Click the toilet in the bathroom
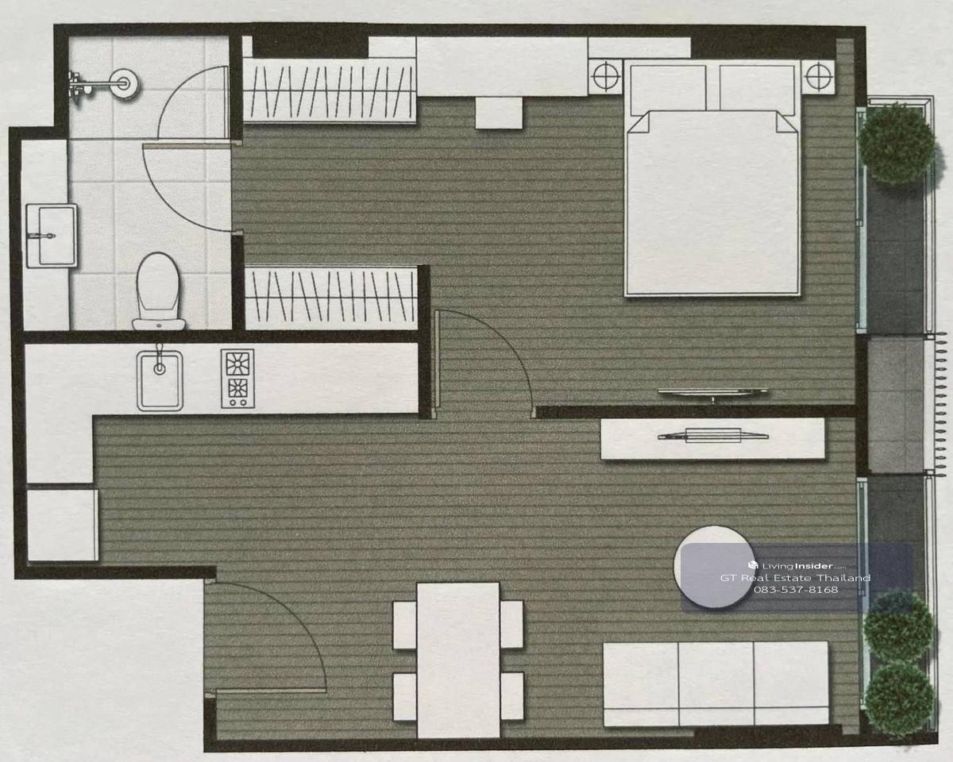(159, 291)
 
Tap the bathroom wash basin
(52, 236)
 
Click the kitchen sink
(160, 380)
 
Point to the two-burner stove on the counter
(237, 379)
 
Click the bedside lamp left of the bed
(605, 77)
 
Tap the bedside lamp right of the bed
(818, 76)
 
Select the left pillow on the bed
(668, 89)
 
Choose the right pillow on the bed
(758, 89)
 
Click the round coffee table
(714, 567)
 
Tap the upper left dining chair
(405, 625)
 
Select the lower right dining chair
(512, 696)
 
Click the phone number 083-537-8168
(796, 590)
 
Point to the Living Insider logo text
(797, 566)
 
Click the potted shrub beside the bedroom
(897, 144)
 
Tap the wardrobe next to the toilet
(331, 298)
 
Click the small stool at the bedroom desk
(499, 114)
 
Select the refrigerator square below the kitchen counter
(63, 525)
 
